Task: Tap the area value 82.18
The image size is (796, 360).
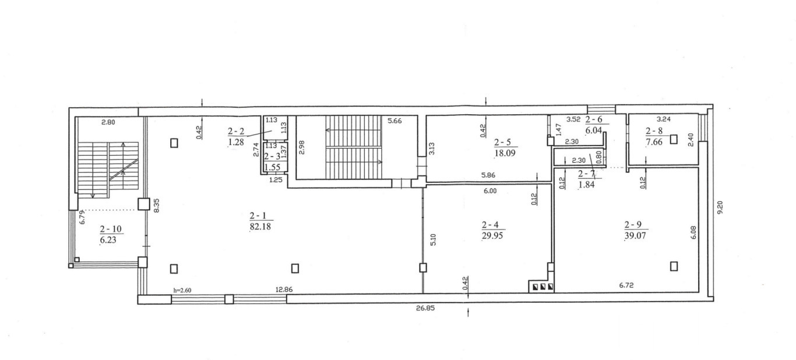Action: click(260, 227)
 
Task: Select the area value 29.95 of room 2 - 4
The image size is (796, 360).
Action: click(492, 235)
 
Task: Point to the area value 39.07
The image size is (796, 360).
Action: click(635, 235)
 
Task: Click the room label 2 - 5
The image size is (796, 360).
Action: click(502, 143)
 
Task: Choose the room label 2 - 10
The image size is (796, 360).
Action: click(111, 229)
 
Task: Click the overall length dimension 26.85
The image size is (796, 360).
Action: click(425, 309)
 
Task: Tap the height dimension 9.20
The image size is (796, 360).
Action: click(720, 207)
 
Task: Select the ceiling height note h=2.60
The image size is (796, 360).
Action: click(182, 290)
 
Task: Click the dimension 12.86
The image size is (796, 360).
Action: click(284, 290)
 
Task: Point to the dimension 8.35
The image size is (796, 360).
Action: click(157, 206)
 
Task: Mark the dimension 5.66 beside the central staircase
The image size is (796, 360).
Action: click(395, 121)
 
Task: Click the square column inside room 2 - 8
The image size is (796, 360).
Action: click(674, 139)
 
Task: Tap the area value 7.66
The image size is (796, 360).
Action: click(654, 142)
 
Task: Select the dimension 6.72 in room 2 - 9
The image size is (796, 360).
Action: click(626, 285)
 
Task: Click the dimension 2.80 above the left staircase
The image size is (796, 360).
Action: click(108, 122)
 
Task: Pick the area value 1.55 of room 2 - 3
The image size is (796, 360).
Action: click(272, 167)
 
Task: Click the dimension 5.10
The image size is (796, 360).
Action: click(433, 239)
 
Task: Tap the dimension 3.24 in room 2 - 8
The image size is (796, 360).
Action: click(664, 119)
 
